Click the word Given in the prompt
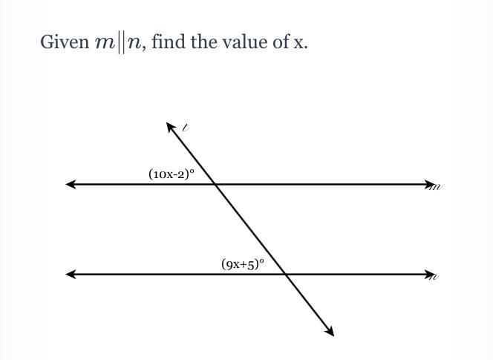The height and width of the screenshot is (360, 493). (x=65, y=42)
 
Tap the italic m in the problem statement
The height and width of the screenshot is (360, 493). (x=105, y=43)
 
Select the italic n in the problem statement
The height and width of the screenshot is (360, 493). (x=134, y=43)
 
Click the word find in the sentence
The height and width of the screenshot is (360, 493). (x=169, y=42)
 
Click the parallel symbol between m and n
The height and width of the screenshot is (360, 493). (x=120, y=42)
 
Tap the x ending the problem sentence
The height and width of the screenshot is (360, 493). (x=299, y=43)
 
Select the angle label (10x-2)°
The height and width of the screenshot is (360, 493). (x=172, y=174)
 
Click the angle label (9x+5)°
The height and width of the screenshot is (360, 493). (x=243, y=264)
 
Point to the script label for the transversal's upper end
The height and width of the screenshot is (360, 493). (x=186, y=128)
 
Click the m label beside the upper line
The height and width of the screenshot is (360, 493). (x=437, y=187)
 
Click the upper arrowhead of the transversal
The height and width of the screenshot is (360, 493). (x=171, y=127)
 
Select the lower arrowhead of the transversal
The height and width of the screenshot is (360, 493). (x=329, y=331)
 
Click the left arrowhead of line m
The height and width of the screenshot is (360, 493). (x=71, y=184)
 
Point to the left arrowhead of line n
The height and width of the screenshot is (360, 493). (x=71, y=274)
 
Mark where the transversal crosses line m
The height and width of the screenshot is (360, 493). (x=215, y=184)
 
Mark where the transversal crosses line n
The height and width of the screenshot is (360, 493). (x=285, y=274)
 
